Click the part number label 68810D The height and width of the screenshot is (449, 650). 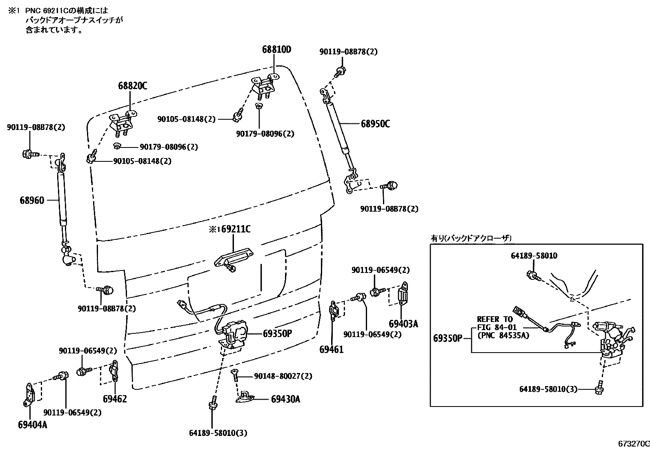coord(276,50)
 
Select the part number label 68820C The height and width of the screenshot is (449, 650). coord(133,86)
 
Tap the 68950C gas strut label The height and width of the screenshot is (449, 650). coord(375,123)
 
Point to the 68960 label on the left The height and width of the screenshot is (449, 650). coord(31,200)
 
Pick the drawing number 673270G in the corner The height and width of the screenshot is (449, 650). coord(633,444)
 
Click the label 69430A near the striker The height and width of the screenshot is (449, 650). coord(285,399)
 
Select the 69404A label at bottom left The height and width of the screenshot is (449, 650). coord(32,425)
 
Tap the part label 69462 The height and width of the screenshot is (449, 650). coord(115,399)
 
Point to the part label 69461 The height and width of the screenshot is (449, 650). coord(331,349)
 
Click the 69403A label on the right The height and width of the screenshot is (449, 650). coord(403,324)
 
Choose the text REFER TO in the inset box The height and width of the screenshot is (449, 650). coord(495,319)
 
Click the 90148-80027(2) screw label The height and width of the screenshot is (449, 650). coord(283,375)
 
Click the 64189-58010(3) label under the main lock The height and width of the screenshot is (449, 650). coord(218,433)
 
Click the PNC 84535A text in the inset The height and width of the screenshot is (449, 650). coord(503,335)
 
